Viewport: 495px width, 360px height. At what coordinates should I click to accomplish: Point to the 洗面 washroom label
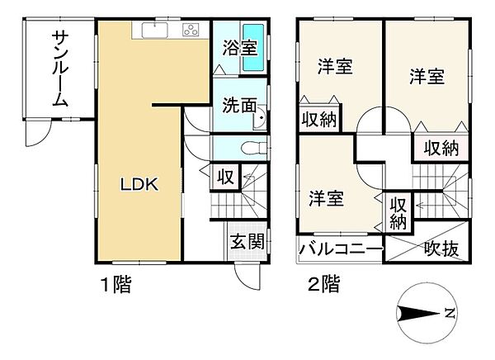coord(237,107)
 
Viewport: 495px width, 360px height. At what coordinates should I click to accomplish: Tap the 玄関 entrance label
coord(247,242)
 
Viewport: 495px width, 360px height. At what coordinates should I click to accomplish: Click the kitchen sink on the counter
coord(156,31)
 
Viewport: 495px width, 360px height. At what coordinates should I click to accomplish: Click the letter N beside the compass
coord(448,315)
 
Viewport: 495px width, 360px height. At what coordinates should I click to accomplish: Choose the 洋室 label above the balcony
coord(327,198)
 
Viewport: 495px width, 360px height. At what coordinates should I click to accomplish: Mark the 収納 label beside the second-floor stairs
coord(398,212)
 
